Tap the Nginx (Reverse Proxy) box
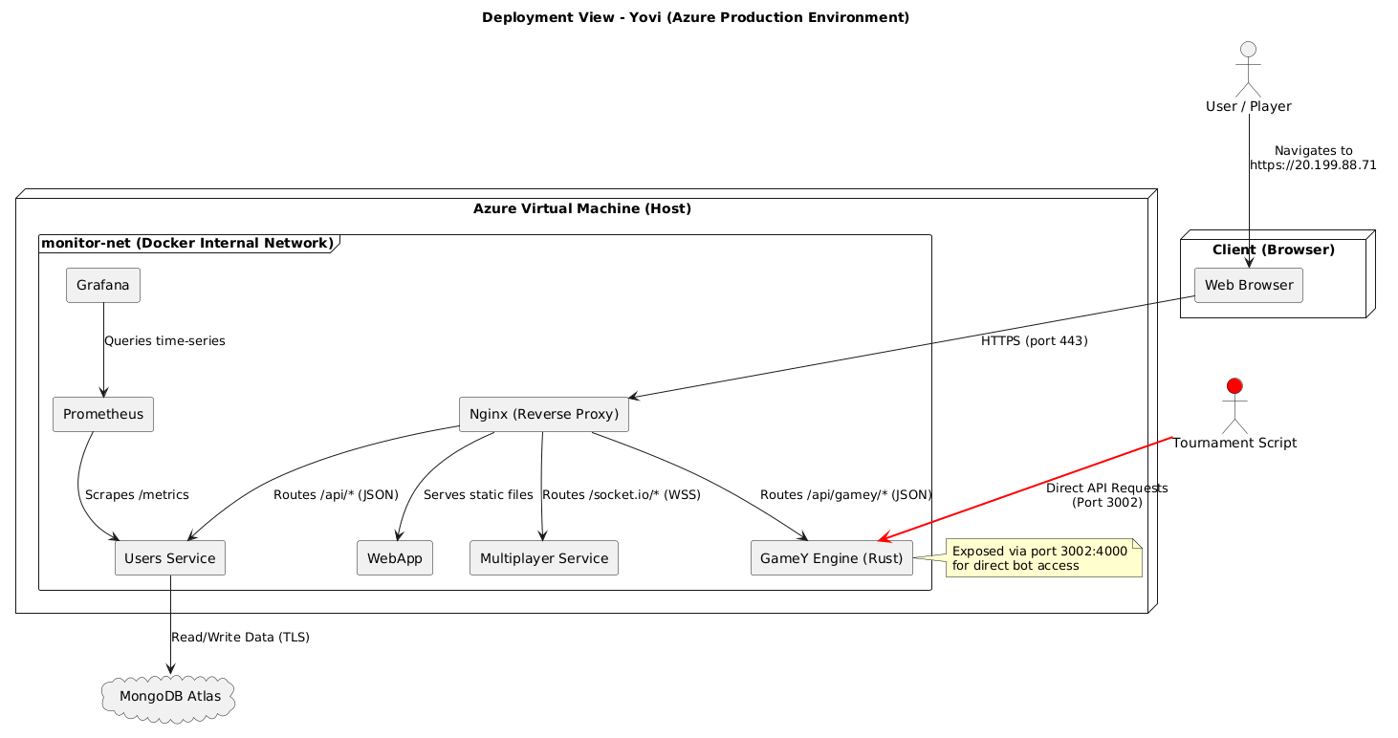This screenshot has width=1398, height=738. (x=543, y=414)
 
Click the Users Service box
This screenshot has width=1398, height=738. (x=169, y=558)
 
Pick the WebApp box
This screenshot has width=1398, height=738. (x=395, y=558)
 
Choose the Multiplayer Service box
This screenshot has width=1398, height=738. (x=544, y=558)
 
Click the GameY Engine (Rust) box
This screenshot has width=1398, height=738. (x=832, y=558)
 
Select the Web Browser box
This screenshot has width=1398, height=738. (x=1249, y=285)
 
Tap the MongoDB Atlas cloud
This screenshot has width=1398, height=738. (x=169, y=696)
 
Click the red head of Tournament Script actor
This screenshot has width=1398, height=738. (x=1234, y=386)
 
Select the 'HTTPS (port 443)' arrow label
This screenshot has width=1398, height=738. (x=1034, y=340)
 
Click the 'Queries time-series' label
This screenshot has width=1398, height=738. (x=164, y=341)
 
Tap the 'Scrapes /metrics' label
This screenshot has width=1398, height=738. (x=137, y=494)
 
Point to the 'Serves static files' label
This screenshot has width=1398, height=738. (x=477, y=494)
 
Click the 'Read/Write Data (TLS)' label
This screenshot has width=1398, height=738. (x=240, y=637)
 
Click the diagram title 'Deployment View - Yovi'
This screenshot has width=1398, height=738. (x=695, y=17)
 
